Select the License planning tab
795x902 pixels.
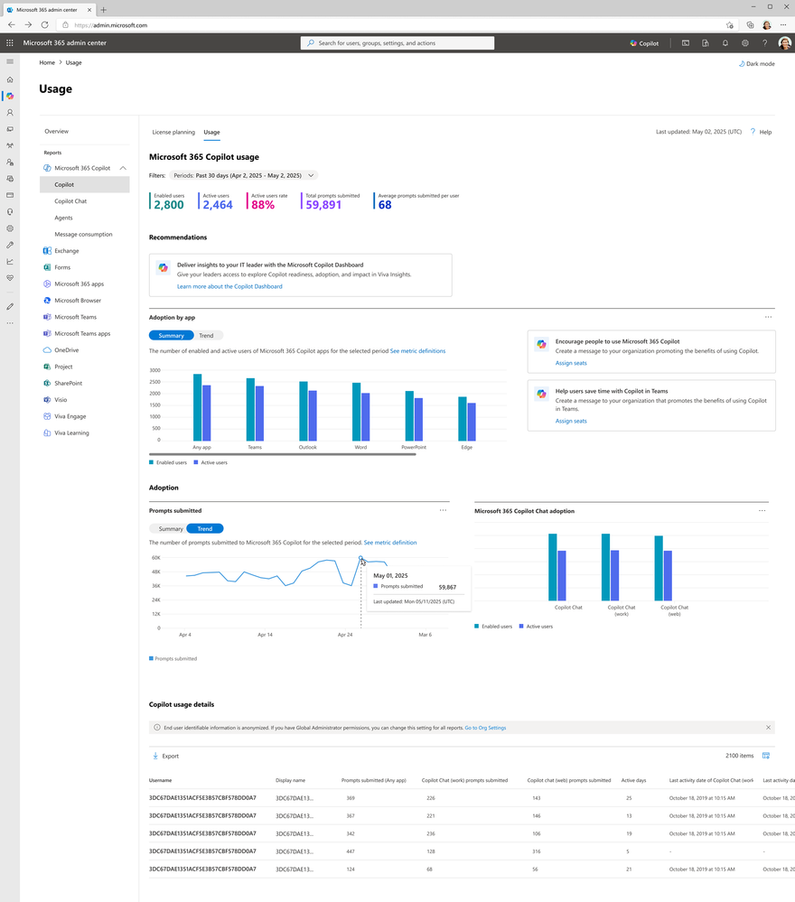click(x=173, y=132)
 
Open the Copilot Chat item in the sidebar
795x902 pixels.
click(x=70, y=201)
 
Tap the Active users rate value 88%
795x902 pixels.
click(x=263, y=205)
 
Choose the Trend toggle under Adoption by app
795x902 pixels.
click(x=206, y=336)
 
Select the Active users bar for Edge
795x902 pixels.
click(x=471, y=422)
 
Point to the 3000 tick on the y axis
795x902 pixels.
click(x=154, y=370)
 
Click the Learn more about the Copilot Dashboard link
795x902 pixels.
click(x=229, y=286)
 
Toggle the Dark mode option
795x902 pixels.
click(x=755, y=64)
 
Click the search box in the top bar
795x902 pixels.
click(x=397, y=42)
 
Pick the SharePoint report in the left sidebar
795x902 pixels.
click(x=69, y=383)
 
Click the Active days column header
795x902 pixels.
click(x=634, y=780)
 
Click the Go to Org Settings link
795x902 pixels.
click(x=485, y=727)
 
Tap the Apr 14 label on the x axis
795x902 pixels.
click(x=265, y=635)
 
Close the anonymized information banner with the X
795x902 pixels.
click(x=768, y=727)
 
